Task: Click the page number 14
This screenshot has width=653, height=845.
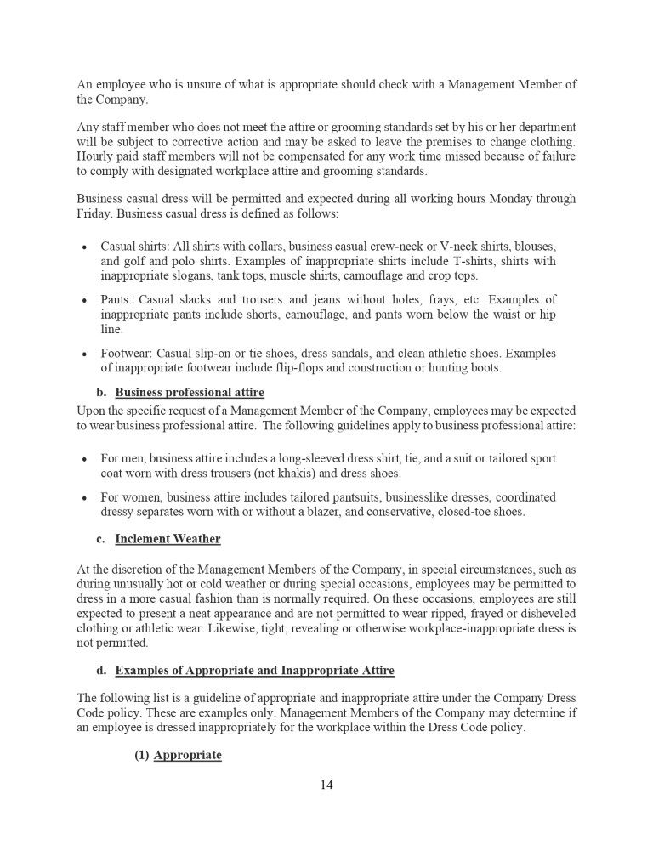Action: pos(326,784)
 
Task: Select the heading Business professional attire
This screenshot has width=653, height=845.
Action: pos(190,393)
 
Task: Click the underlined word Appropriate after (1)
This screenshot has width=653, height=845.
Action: pos(188,755)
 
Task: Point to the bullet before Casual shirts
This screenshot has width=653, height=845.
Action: pos(84,247)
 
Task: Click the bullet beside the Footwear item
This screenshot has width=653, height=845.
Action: pos(84,353)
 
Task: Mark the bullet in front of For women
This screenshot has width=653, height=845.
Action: pos(84,497)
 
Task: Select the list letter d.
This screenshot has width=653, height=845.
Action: pos(100,671)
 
